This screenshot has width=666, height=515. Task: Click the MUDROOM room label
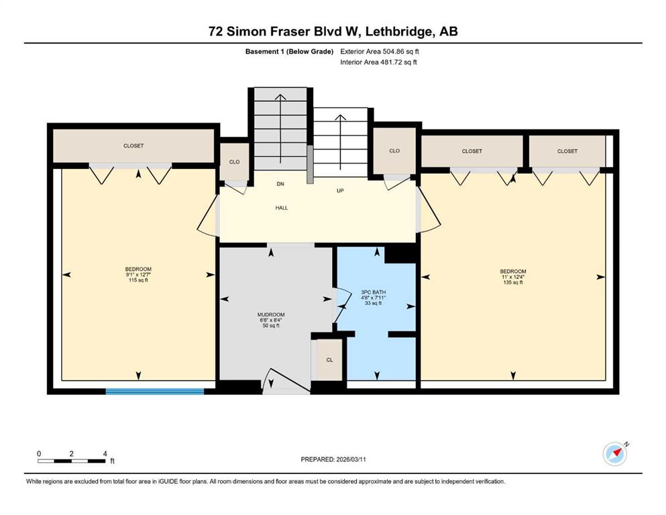click(x=271, y=314)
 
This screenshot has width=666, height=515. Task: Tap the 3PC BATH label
click(x=374, y=292)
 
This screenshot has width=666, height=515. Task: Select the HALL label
click(x=282, y=208)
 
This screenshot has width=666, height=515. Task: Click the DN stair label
click(x=280, y=184)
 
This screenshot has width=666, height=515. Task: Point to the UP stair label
click(x=340, y=190)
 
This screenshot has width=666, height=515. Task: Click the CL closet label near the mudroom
click(x=329, y=360)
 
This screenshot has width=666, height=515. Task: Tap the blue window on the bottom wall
click(x=155, y=392)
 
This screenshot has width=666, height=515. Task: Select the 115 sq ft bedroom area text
click(x=138, y=280)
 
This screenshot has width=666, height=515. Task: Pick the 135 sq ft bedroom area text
click(x=513, y=282)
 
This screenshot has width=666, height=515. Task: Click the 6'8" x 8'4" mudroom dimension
click(x=271, y=320)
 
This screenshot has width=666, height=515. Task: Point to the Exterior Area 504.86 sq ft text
click(x=380, y=52)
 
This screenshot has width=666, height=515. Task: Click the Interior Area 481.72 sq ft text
click(x=378, y=62)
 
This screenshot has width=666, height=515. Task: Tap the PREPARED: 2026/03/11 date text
click(x=333, y=459)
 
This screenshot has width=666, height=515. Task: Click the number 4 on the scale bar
click(x=105, y=454)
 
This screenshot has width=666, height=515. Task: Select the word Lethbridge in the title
click(x=397, y=32)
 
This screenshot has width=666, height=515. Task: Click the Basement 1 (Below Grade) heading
click(x=289, y=52)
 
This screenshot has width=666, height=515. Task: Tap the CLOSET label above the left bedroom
click(x=133, y=146)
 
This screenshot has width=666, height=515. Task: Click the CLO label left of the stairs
click(x=235, y=162)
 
